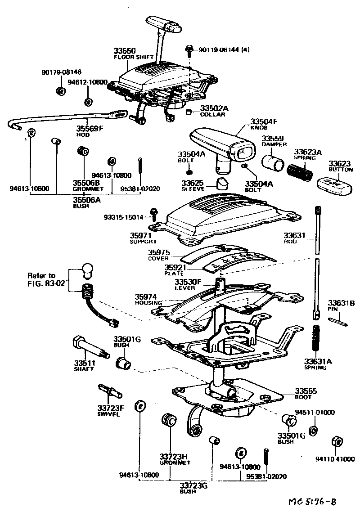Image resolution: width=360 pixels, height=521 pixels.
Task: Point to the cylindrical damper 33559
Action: [x=274, y=162]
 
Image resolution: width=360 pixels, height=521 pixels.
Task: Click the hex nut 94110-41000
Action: [x=335, y=442]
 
